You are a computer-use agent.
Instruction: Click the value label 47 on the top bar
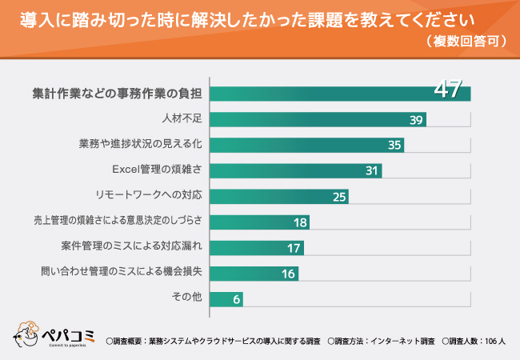click(448, 89)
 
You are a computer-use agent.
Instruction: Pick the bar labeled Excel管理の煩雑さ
click(295, 170)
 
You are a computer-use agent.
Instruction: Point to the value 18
click(300, 222)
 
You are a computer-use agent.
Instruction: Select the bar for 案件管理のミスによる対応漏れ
click(257, 247)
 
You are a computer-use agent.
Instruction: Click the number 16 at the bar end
click(289, 273)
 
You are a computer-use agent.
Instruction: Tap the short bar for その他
click(226, 298)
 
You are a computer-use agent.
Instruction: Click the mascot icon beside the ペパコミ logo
click(26, 334)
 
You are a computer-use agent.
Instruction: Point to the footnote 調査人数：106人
click(474, 341)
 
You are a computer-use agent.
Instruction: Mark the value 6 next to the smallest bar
click(237, 298)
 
